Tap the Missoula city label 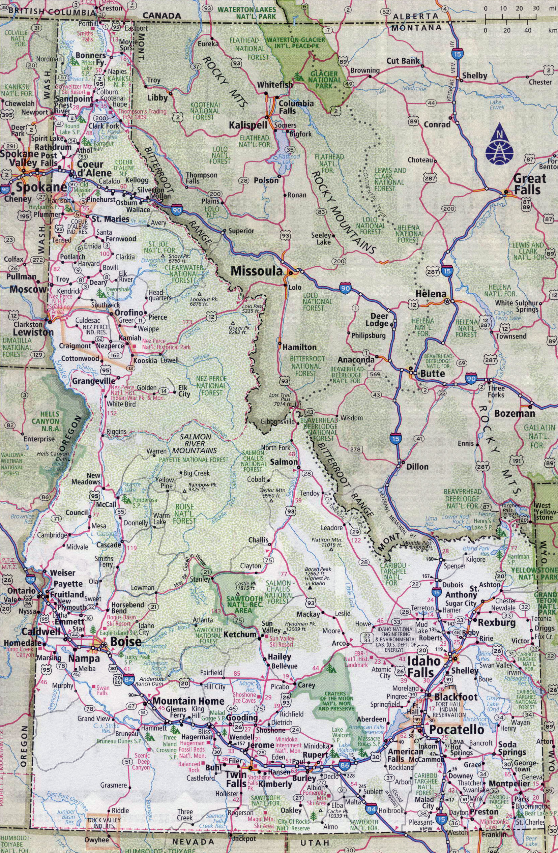[x=257, y=271]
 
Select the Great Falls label [x=529, y=183]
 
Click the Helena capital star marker [x=446, y=302]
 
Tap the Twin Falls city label [x=236, y=775]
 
